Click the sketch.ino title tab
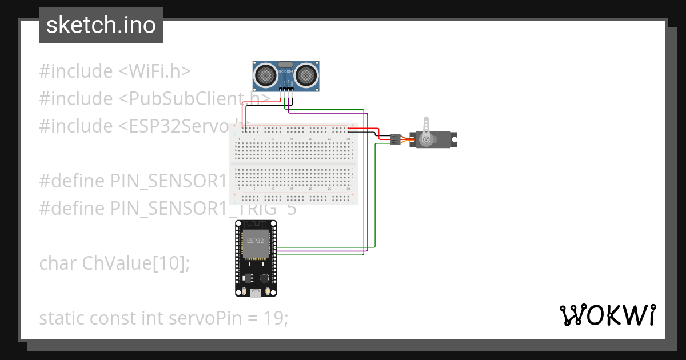101,25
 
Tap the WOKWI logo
607,315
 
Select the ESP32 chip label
255,241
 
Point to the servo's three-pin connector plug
395,139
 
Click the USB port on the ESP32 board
256,294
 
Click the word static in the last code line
62,318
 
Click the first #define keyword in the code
72,181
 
